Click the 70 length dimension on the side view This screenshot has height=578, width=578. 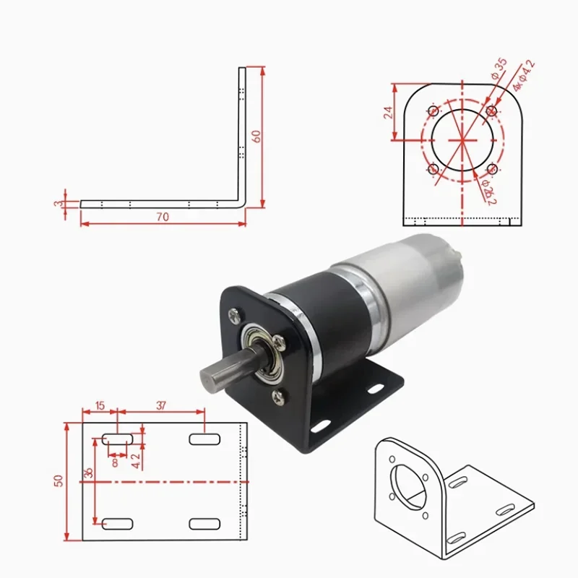pos(163,217)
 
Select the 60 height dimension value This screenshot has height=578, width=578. pos(255,137)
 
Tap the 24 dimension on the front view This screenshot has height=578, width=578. pos(388,112)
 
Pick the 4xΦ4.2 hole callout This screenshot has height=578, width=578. pos(525,75)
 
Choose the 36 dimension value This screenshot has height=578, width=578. pos(89,473)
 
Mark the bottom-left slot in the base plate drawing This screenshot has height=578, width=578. pos(116,523)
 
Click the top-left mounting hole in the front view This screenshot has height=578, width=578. pos(433,111)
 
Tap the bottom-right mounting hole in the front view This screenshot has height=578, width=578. pos(492,169)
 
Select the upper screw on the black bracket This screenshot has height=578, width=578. pos(236,315)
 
